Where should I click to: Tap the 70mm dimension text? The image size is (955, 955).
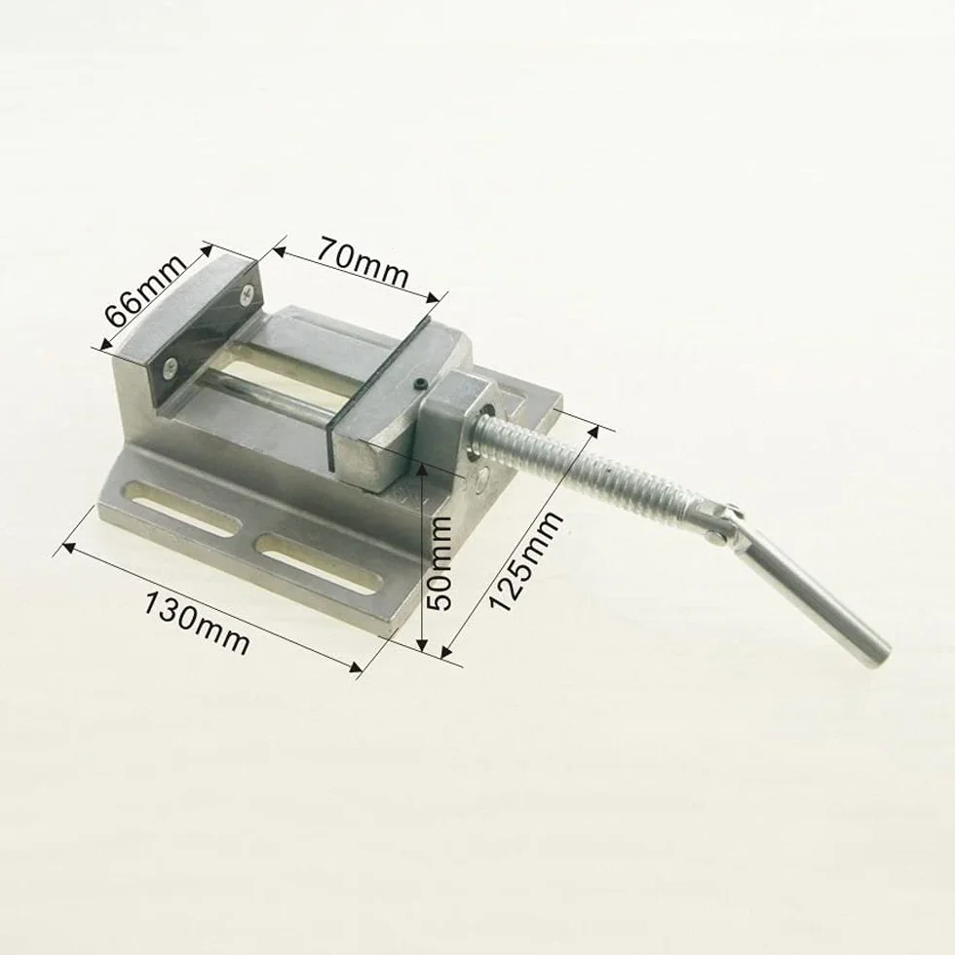[x=363, y=261]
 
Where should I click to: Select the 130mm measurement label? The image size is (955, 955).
[x=197, y=622]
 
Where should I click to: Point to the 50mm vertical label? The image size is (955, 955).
[x=439, y=563]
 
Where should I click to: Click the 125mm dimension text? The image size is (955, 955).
[x=525, y=561]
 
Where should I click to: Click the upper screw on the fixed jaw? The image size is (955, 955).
[x=248, y=294]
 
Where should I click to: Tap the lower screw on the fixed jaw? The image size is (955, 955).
[x=172, y=366]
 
